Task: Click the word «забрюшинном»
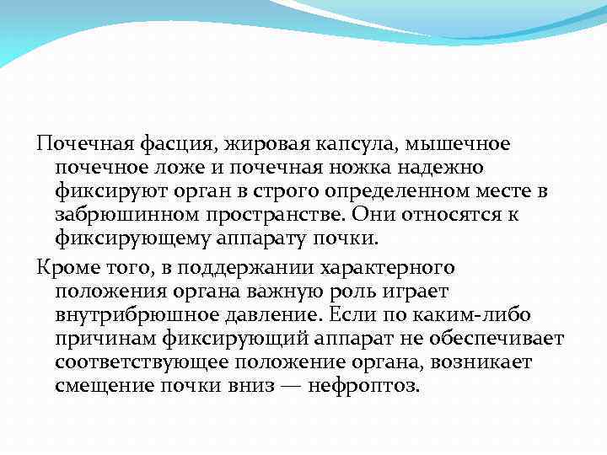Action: [120, 215]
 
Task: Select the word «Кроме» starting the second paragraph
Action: [64, 268]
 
